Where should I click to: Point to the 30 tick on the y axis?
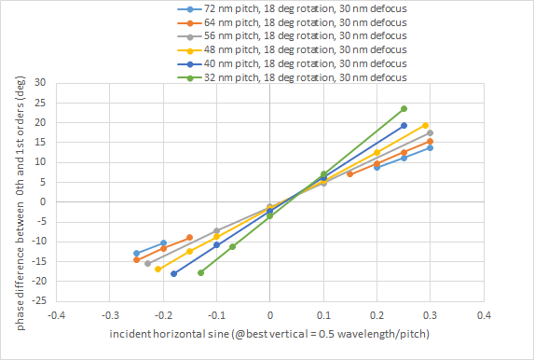coord(40,82)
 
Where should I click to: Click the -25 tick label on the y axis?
coord(37,301)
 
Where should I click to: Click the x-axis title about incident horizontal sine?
coord(267,333)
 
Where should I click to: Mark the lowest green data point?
coord(200,272)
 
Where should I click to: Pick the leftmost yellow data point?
coord(157,269)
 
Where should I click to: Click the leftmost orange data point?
coord(136,259)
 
